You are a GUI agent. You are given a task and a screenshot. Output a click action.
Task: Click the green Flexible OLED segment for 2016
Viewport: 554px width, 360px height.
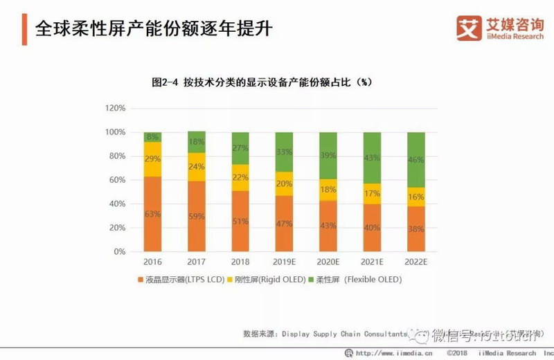[152, 137]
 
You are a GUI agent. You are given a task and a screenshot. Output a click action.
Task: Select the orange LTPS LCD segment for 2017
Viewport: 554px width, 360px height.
[197, 216]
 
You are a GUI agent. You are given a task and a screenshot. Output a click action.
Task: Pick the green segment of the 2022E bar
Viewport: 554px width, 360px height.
[416, 159]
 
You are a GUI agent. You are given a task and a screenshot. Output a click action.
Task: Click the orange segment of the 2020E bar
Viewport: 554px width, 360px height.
[328, 226]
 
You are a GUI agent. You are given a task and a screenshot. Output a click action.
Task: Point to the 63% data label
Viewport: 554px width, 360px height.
[152, 215]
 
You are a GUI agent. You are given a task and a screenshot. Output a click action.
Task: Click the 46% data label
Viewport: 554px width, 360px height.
[416, 160]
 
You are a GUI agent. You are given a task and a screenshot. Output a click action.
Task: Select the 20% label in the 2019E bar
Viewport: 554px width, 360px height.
[285, 183]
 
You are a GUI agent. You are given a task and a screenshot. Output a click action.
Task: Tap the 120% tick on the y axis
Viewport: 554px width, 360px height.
[115, 109]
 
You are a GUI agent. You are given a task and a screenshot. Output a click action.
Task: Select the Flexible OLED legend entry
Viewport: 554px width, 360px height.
[359, 280]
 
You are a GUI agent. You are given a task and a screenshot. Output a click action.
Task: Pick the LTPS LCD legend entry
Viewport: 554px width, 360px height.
[179, 280]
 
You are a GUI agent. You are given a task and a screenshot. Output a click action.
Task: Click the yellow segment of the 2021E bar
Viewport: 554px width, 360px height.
[372, 194]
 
